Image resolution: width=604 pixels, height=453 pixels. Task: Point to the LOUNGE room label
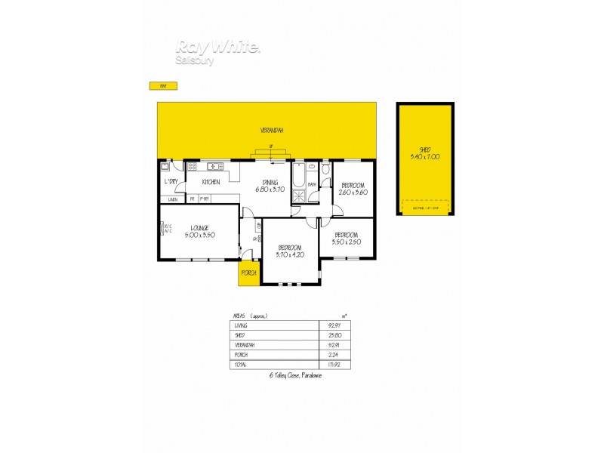coord(199,227)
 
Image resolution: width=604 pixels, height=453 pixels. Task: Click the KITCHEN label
coord(211,183)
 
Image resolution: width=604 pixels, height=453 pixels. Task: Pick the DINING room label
coord(270,182)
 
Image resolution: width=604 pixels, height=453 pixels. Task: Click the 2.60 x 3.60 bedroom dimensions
coord(353,192)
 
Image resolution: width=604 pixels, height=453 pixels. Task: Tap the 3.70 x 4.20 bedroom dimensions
coord(290,255)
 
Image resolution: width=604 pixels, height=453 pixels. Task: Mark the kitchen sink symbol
coord(214,166)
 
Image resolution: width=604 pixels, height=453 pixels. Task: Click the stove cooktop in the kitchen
coord(193,166)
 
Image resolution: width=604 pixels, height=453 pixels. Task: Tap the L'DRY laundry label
coord(171,183)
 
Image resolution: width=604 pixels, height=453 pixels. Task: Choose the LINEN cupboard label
coord(173,199)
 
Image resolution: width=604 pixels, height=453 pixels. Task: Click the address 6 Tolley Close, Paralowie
coord(296,375)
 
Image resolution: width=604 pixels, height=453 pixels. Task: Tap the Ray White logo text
coord(218,47)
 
